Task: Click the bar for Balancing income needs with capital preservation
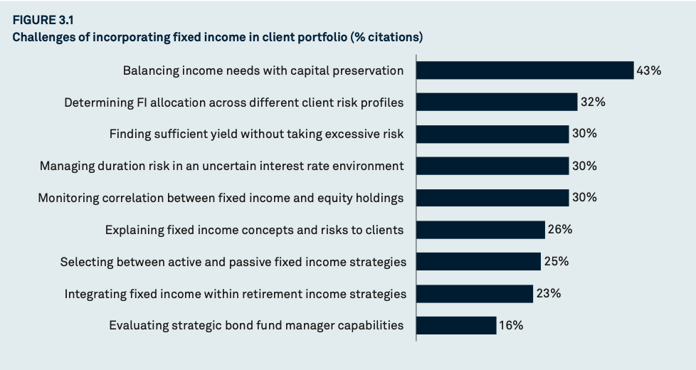pos(525,70)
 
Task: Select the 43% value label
pos(648,70)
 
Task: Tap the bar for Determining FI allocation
pos(497,102)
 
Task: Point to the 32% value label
pos(593,102)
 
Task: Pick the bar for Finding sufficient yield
pos(492,134)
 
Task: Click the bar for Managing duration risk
pos(492,166)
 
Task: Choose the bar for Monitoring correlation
pos(492,198)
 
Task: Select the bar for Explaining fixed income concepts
pos(480,230)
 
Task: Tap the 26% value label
pos(560,229)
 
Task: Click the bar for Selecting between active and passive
pos(478,261)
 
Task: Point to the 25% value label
pos(557,261)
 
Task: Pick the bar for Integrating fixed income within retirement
pos(475,294)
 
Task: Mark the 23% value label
pos(549,293)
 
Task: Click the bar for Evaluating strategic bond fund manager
pos(456,325)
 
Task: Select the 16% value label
pos(511,325)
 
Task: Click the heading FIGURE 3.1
pos(43,20)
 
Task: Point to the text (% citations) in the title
pos(386,37)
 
